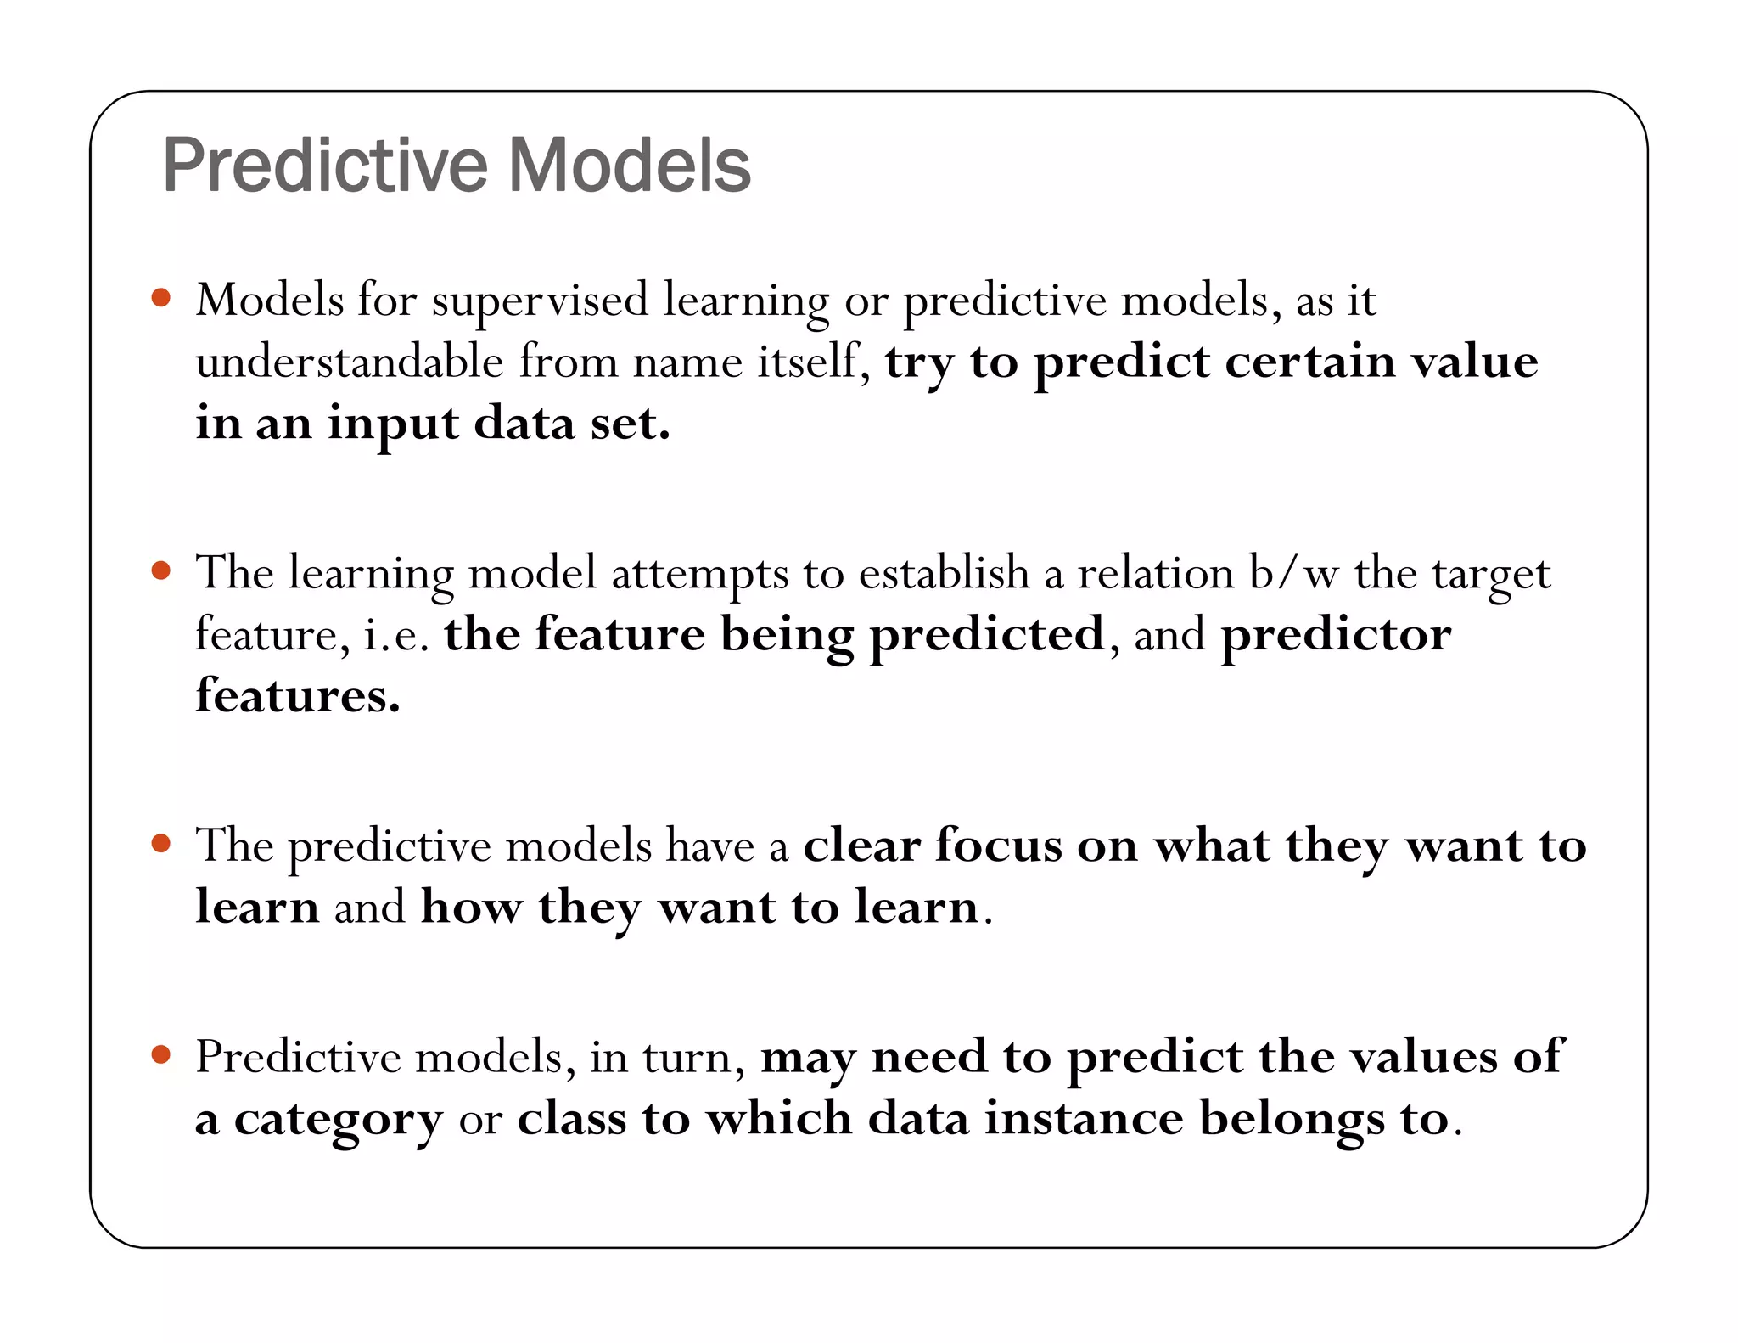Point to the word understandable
point(350,362)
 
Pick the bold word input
point(393,424)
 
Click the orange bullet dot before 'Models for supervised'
point(161,298)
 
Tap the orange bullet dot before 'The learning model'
point(161,570)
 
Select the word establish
point(944,573)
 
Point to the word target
point(1491,575)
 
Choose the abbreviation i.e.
point(396,635)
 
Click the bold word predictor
point(1336,635)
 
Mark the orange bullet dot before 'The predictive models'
point(161,844)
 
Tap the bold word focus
point(998,846)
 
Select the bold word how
point(471,908)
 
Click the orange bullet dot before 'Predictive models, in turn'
point(161,1055)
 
